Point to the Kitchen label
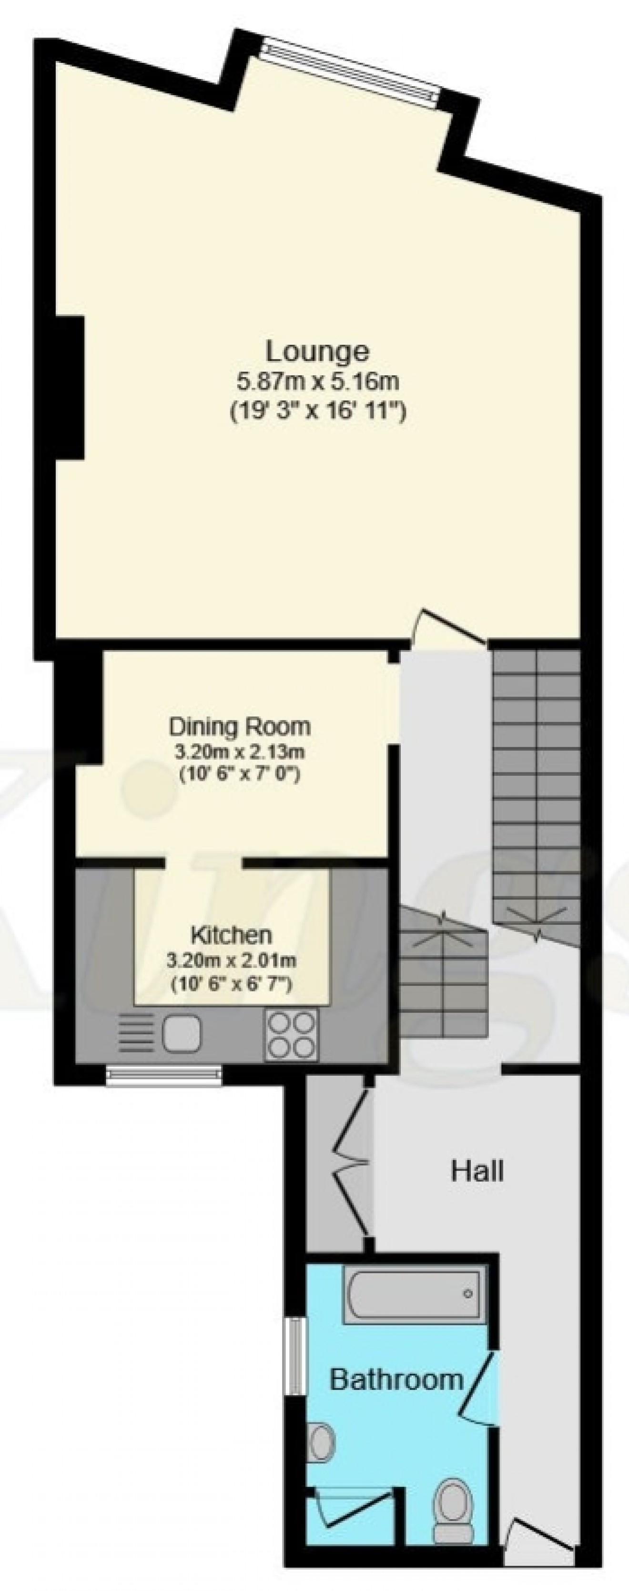coord(231,935)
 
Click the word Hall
coord(477,1171)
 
